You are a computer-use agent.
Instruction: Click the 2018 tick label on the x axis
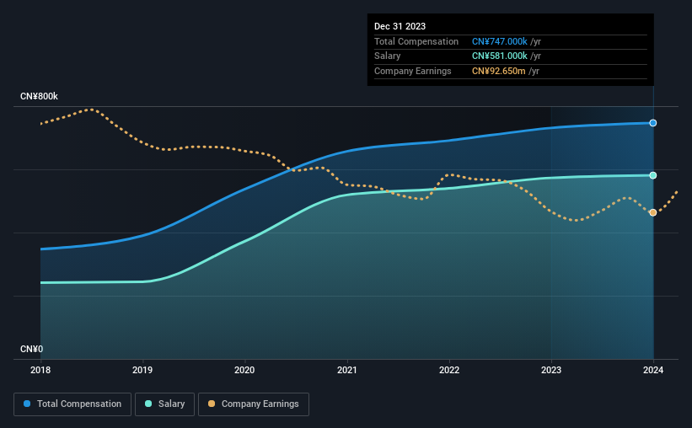point(40,370)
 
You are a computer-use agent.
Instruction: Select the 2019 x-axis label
point(142,370)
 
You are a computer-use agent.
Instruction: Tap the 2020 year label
point(244,370)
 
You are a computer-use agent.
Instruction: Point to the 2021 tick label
point(347,370)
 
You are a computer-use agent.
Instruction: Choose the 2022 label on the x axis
point(449,370)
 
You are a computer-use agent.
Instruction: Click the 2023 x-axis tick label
point(551,370)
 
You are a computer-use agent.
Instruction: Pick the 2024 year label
point(653,370)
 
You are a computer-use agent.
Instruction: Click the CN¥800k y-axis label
point(39,96)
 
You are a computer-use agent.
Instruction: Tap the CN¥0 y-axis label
point(31,349)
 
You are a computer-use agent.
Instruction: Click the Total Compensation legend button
point(72,404)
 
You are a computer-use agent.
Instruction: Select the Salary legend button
point(164,404)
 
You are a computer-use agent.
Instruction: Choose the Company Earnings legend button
point(254,404)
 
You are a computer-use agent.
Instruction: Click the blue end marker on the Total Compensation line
point(652,123)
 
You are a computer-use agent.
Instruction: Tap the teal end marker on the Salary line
point(652,175)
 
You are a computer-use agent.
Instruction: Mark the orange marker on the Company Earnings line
point(652,212)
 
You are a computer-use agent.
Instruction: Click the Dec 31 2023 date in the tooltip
point(400,26)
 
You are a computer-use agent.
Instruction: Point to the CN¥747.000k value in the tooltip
point(500,41)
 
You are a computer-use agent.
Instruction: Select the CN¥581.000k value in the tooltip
point(500,56)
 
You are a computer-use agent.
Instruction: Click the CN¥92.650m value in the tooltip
point(499,71)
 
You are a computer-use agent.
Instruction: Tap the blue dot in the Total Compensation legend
point(27,404)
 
